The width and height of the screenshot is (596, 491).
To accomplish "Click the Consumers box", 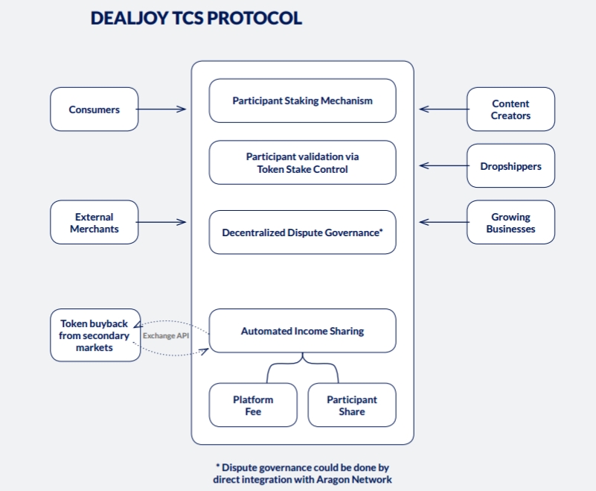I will [x=94, y=110].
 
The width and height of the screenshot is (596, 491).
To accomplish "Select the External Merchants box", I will [x=94, y=223].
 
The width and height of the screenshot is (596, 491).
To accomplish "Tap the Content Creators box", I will [x=510, y=110].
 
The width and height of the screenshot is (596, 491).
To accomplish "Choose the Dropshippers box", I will [x=510, y=165].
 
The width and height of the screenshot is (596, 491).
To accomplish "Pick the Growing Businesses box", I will [x=510, y=223].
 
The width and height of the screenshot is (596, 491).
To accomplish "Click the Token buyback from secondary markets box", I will [x=94, y=335].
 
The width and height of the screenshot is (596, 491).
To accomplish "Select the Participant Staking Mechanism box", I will [x=302, y=101].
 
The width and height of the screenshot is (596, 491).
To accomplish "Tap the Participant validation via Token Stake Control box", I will [x=302, y=162].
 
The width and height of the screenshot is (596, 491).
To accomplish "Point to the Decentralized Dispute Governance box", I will [x=302, y=232].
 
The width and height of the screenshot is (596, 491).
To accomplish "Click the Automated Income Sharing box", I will [x=302, y=331].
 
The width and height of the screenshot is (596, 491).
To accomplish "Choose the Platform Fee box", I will [x=253, y=405].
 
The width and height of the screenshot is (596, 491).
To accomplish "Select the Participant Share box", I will [x=351, y=405].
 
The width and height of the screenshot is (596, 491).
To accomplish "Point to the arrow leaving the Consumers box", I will [x=161, y=110].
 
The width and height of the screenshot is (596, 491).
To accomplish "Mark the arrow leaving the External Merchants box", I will [x=161, y=222].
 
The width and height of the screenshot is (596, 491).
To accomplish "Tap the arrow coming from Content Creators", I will [x=443, y=109].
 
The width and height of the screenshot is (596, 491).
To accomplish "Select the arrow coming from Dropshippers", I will [x=443, y=165].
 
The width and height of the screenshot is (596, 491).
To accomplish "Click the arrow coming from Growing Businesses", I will [x=443, y=222].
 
